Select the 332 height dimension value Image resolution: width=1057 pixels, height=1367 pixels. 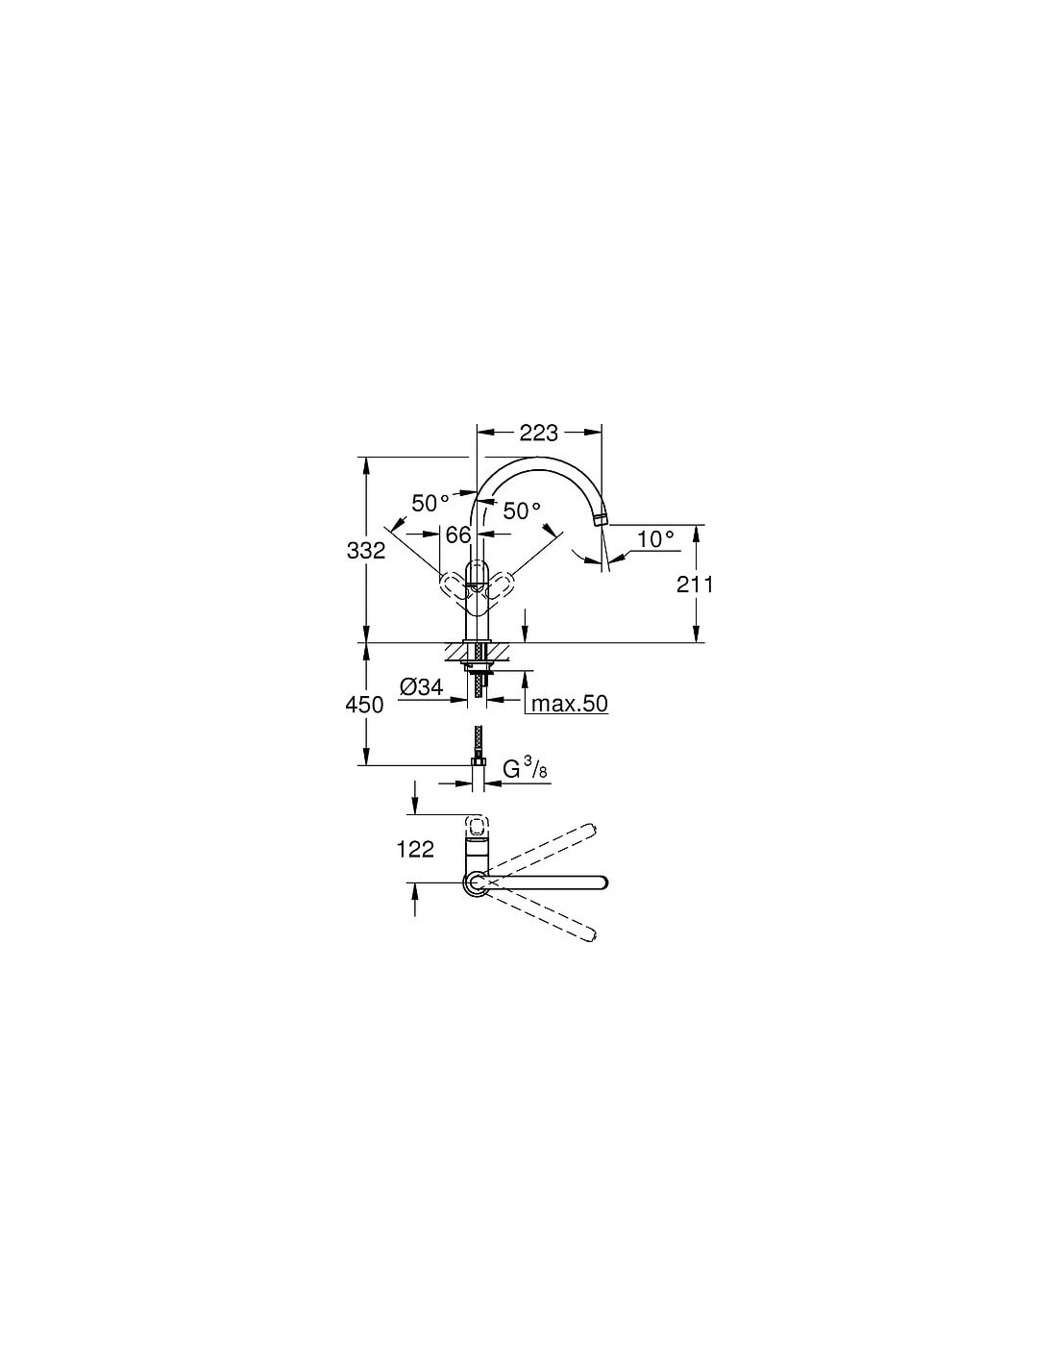pyautogui.click(x=366, y=551)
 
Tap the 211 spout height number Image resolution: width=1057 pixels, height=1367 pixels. pyautogui.click(x=695, y=584)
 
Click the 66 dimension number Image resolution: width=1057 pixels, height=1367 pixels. pyautogui.click(x=458, y=534)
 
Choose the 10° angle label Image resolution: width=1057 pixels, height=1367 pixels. pyautogui.click(x=655, y=538)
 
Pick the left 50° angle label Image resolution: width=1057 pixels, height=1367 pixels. pyautogui.click(x=430, y=503)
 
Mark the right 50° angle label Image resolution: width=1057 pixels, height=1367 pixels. pyautogui.click(x=522, y=510)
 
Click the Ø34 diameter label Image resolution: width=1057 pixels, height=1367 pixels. pyautogui.click(x=421, y=687)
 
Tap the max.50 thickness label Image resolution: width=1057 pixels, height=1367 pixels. pyautogui.click(x=570, y=704)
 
